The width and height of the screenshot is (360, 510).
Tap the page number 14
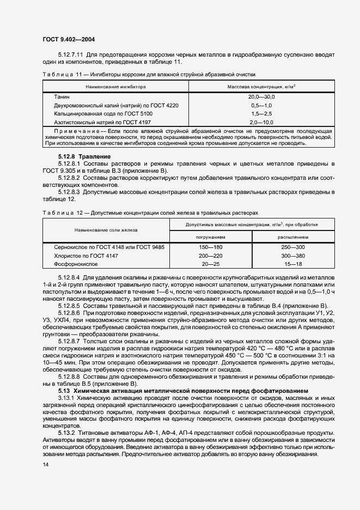point(45,464)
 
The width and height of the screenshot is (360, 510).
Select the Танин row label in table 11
point(62,96)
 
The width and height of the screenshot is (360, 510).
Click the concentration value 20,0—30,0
point(262,96)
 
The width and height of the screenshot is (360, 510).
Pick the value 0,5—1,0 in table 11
point(262,105)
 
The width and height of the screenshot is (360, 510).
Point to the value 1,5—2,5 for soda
point(262,113)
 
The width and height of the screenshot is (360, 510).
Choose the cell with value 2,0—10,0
point(262,122)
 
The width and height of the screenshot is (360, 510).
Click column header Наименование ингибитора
point(115,86)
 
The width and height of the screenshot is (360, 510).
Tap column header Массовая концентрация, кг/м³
point(261,86)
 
